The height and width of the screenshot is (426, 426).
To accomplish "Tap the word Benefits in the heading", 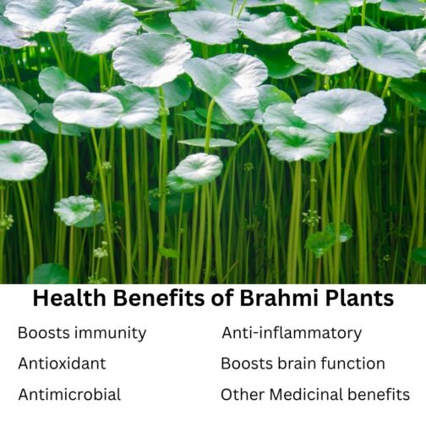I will (156, 299).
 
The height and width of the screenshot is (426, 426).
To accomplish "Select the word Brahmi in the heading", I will (266, 299).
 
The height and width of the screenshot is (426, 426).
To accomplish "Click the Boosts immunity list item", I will (82, 333).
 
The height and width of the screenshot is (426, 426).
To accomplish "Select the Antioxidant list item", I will (62, 363).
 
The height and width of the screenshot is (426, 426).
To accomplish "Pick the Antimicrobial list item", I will (69, 394).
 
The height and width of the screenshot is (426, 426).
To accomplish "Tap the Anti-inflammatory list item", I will (292, 333).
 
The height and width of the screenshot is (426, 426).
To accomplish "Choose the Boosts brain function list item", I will (303, 363).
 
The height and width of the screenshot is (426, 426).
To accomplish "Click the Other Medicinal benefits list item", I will (315, 394).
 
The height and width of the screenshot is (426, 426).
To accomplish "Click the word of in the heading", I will (210, 299).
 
